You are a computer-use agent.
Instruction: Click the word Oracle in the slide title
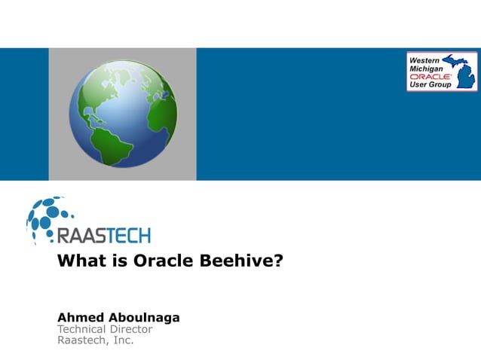click(161, 262)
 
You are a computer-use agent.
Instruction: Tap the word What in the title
click(81, 262)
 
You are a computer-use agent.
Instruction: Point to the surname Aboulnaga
click(145, 317)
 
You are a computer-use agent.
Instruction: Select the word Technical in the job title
click(84, 329)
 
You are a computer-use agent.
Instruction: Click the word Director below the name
click(133, 329)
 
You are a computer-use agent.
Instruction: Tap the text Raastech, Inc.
click(96, 340)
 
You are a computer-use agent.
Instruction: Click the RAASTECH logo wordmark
click(104, 235)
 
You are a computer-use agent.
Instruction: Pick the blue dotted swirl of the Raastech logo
click(45, 218)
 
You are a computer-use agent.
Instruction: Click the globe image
click(123, 114)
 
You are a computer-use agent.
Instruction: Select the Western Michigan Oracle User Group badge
click(441, 72)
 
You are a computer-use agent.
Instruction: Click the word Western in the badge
click(425, 59)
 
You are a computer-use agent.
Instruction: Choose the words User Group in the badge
click(430, 85)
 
